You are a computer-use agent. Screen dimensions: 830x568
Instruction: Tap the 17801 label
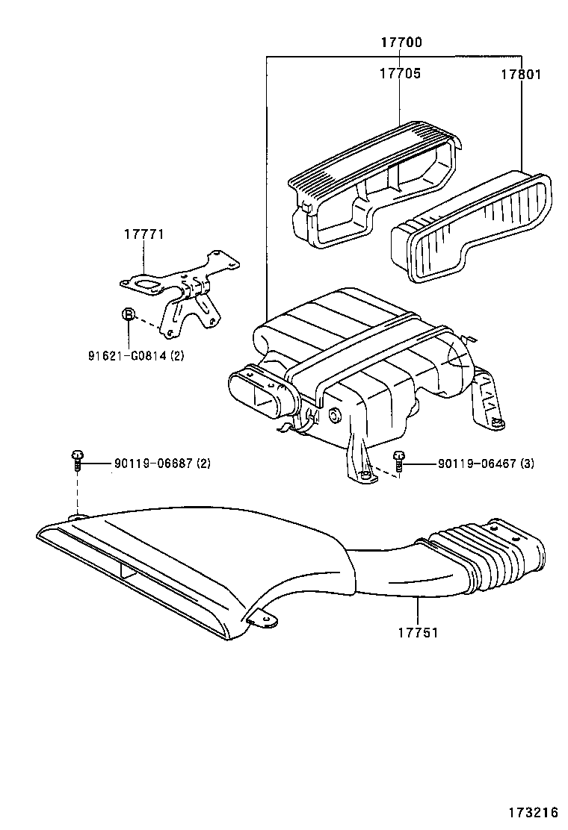[521, 75]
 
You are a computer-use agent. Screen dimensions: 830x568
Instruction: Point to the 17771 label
[143, 234]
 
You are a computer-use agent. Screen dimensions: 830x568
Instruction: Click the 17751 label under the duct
[416, 632]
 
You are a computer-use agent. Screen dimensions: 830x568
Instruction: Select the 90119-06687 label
[162, 464]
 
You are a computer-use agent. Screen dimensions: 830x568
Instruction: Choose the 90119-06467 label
[486, 464]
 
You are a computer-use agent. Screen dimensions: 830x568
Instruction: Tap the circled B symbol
[129, 314]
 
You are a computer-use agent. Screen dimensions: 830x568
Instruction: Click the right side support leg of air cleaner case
[486, 403]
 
